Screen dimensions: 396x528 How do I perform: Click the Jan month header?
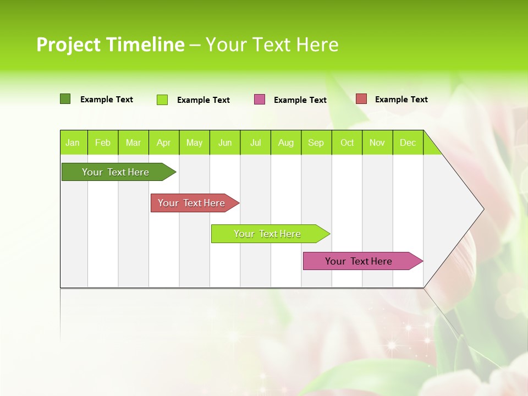[73, 142]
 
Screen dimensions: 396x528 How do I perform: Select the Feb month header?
[103, 142]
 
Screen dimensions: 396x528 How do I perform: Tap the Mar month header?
[133, 142]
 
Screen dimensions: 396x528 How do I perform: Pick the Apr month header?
[164, 142]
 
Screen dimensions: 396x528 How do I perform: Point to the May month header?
[194, 142]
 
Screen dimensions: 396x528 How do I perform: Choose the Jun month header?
[225, 142]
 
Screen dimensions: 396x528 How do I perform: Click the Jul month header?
[255, 142]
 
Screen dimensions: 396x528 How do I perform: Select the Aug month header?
[286, 142]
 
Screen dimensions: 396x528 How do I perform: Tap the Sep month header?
[316, 142]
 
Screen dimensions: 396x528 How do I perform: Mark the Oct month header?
[347, 142]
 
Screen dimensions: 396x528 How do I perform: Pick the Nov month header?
[377, 142]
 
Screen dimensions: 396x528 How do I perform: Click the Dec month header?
[408, 142]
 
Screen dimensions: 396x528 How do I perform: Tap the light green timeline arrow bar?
[268, 234]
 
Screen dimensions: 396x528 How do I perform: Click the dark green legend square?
[65, 99]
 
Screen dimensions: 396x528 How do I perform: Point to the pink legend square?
[260, 100]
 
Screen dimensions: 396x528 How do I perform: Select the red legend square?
[361, 99]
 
